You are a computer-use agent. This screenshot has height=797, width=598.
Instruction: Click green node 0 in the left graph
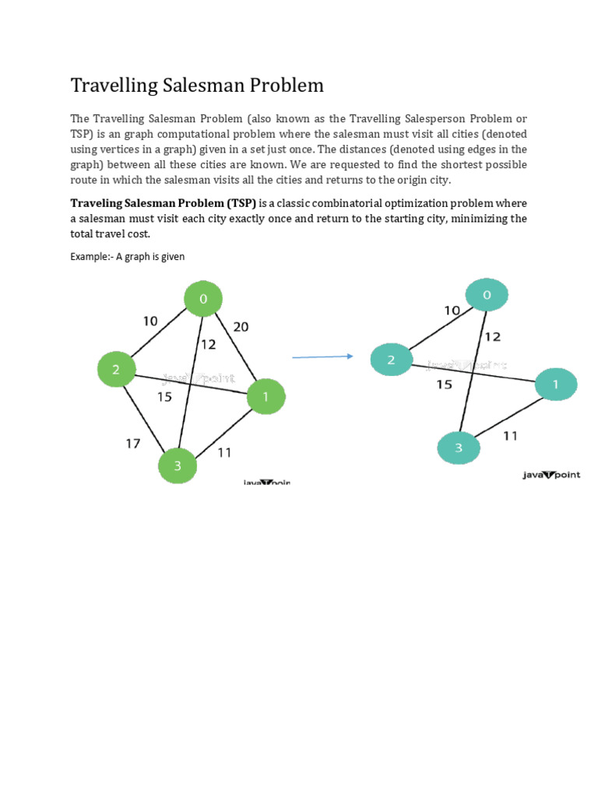pyautogui.click(x=203, y=300)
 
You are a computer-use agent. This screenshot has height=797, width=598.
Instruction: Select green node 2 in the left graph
pyautogui.click(x=116, y=370)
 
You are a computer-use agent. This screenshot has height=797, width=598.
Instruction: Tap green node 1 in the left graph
pyautogui.click(x=266, y=398)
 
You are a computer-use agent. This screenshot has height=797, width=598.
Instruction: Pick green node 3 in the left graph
pyautogui.click(x=178, y=466)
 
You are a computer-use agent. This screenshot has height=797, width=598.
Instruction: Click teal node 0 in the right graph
pyautogui.click(x=487, y=295)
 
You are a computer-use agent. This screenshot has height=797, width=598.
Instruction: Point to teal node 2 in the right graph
pyautogui.click(x=391, y=360)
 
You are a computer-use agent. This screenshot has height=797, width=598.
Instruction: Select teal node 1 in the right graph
pyautogui.click(x=556, y=384)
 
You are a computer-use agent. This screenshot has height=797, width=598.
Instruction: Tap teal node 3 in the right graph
pyautogui.click(x=459, y=448)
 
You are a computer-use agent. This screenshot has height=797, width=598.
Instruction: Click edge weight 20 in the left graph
pyautogui.click(x=241, y=327)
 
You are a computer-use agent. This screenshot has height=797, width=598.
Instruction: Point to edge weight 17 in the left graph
pyautogui.click(x=133, y=443)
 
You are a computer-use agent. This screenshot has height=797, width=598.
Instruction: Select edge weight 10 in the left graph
pyautogui.click(x=150, y=321)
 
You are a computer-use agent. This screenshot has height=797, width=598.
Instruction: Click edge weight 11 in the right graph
pyautogui.click(x=510, y=436)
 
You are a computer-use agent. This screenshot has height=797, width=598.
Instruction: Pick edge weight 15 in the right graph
pyautogui.click(x=444, y=384)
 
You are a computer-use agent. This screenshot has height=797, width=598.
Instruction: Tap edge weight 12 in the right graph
pyautogui.click(x=492, y=337)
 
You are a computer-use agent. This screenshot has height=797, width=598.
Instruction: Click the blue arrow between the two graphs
pyautogui.click(x=322, y=356)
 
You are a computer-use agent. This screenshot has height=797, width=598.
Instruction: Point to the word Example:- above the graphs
pyautogui.click(x=91, y=256)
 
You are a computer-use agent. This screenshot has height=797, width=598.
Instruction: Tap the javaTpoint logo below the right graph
pyautogui.click(x=551, y=475)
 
